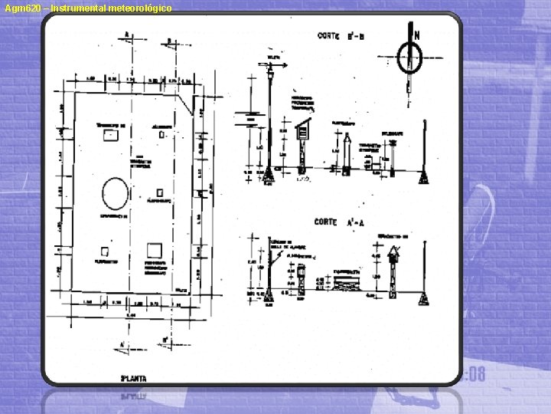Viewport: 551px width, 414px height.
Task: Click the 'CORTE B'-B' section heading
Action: click(341, 34)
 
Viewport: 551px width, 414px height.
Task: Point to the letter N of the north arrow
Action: click(417, 34)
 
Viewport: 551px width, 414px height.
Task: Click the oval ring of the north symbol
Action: click(412, 57)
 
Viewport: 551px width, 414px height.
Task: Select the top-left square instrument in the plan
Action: click(108, 135)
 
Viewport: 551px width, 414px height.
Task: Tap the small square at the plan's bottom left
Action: click(105, 250)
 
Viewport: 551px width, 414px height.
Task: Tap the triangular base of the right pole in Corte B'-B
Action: click(423, 178)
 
